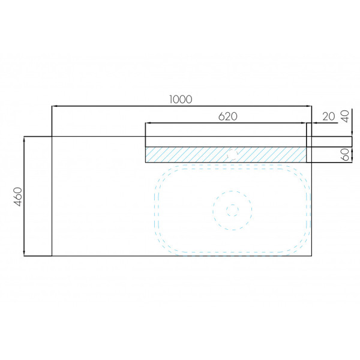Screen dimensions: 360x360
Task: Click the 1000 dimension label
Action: (181, 99)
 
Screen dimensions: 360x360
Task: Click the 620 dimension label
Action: (227, 116)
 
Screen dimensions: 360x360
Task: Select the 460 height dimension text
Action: (18, 197)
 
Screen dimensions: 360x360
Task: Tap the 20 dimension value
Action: (329, 116)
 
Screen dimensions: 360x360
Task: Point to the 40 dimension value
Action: (346, 116)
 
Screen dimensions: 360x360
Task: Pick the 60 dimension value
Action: (346, 154)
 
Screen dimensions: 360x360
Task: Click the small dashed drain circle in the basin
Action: (232, 210)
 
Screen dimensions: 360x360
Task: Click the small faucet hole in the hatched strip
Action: (232, 154)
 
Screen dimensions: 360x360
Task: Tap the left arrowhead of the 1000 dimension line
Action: (55, 106)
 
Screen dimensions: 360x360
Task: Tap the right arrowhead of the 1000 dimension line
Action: (309, 106)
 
